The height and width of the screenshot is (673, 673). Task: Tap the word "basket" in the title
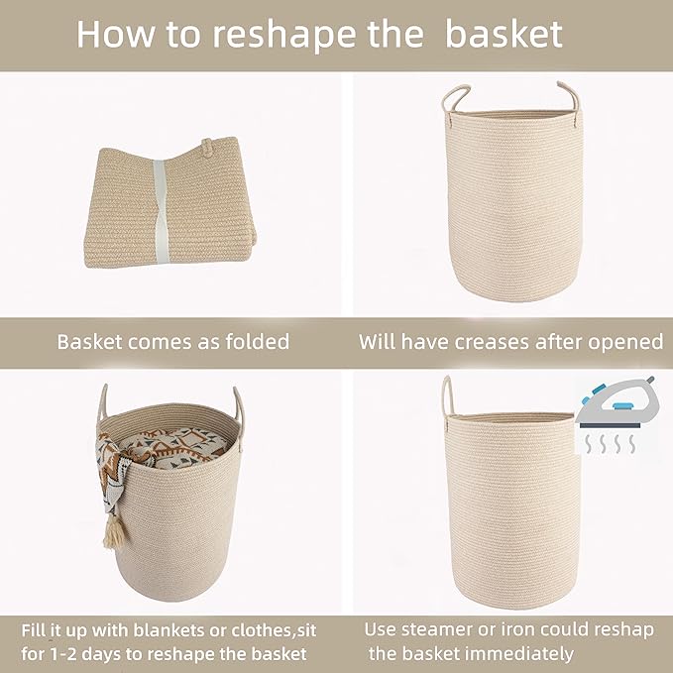[504, 34]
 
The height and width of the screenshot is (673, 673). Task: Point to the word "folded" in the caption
[254, 342]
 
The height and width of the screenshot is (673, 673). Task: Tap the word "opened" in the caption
[624, 342]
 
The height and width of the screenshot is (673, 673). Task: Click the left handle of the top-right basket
[454, 100]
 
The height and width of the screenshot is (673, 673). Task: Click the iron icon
[615, 405]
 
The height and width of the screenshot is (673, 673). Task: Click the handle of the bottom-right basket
[448, 397]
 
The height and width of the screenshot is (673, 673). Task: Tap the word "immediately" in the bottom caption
[521, 654]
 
